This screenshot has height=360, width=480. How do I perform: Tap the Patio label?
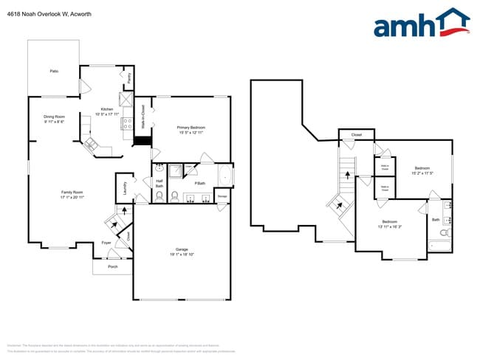(54, 71)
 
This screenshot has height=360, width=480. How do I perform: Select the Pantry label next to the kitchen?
(129, 77)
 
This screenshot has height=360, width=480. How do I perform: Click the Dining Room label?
(54, 116)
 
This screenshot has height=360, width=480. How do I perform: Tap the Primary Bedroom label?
(191, 128)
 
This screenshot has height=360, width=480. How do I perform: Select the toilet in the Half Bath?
(175, 197)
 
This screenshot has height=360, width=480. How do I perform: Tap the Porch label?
(113, 266)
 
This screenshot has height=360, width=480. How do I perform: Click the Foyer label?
(106, 242)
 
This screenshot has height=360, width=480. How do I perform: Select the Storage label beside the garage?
(222, 196)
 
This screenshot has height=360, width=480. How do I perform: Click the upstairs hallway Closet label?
(356, 135)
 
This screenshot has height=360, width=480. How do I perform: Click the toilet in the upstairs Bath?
(444, 233)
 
